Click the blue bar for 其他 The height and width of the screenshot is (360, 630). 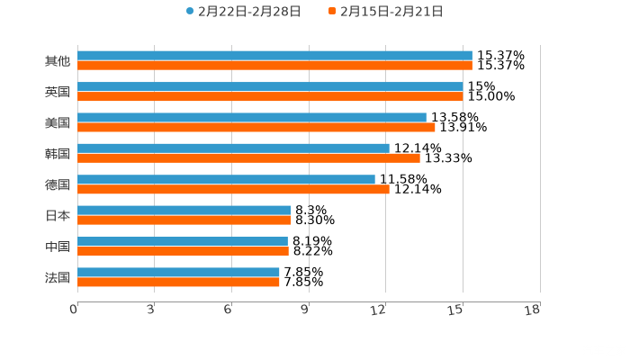[x=274, y=56]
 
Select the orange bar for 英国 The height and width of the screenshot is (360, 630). [x=270, y=96]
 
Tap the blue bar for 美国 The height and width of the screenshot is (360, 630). [x=252, y=117]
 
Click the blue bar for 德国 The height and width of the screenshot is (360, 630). [x=226, y=179]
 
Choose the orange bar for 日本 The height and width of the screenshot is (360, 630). [x=184, y=220]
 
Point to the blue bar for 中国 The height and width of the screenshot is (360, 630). [x=183, y=241]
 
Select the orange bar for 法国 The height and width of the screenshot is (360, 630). [x=178, y=282]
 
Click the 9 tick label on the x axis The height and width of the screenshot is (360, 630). [x=305, y=310]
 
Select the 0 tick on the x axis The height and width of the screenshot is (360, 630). [x=74, y=310]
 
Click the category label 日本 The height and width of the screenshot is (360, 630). [x=58, y=215]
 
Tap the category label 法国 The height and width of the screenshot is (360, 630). [x=58, y=277]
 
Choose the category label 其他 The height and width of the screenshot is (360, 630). [x=58, y=61]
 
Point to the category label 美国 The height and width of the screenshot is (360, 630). [x=58, y=122]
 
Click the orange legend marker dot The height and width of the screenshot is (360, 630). [x=332, y=12]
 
